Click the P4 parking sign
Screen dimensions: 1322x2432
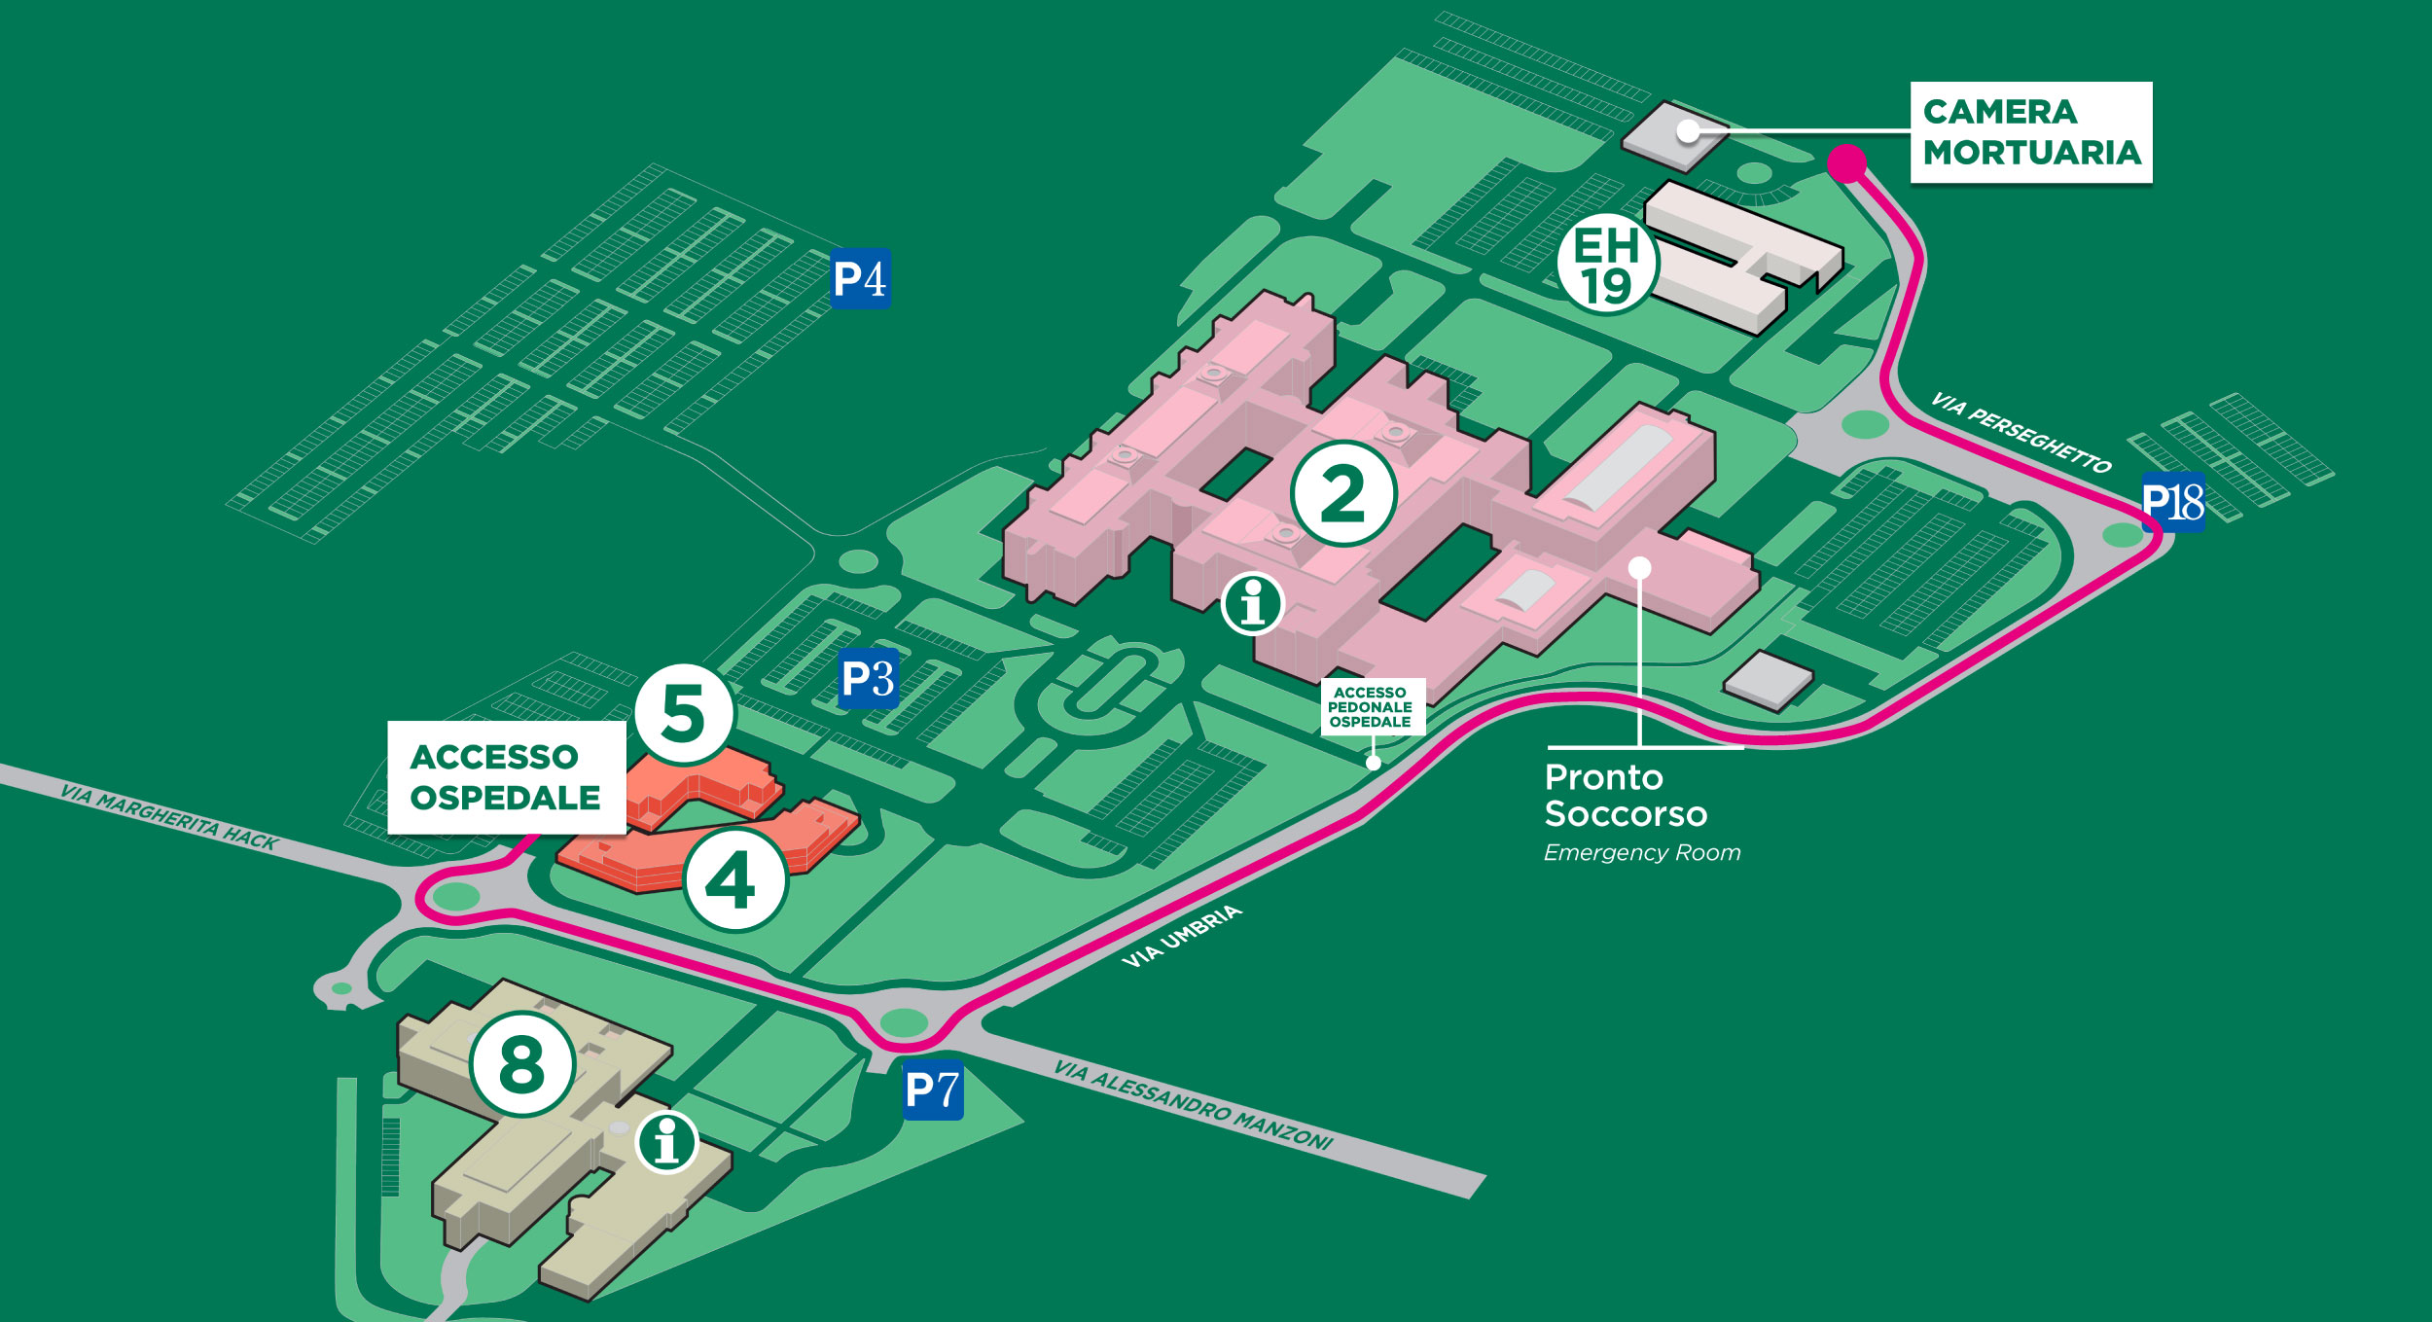tap(860, 279)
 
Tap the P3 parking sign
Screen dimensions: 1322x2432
tap(868, 678)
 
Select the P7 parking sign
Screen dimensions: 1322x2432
tap(932, 1090)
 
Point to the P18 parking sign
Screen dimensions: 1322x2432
tap(2173, 502)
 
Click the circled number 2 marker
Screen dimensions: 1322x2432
tap(1343, 494)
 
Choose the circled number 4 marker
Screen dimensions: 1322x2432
tap(733, 881)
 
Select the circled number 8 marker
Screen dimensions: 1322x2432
tap(522, 1064)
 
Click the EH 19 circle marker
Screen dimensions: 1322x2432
tap(1606, 265)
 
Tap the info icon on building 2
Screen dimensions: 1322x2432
tap(1253, 603)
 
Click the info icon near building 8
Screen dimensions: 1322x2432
tap(666, 1141)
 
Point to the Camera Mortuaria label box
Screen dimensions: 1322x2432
tap(2030, 132)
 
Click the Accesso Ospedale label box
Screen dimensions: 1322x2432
tap(506, 777)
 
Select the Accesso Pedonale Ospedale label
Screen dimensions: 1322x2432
tap(1372, 707)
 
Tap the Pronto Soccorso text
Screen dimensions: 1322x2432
tap(1625, 796)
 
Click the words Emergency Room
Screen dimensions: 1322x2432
tap(1642, 853)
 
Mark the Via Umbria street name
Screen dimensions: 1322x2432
tap(1182, 936)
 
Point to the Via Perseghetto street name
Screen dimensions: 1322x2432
tap(2021, 433)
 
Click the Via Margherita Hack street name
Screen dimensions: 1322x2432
tap(168, 818)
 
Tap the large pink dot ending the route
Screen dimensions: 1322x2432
tap(1846, 162)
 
